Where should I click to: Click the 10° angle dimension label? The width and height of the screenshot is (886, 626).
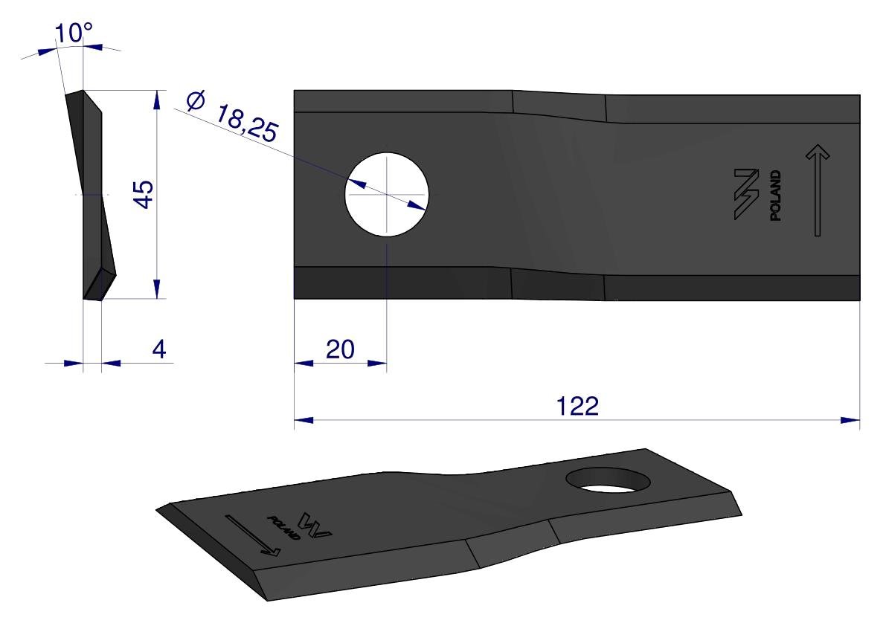[74, 33]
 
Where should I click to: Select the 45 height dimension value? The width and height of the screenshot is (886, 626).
[144, 194]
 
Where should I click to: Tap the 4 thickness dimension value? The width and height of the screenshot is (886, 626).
[159, 349]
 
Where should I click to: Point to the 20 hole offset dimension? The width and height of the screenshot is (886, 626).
[340, 349]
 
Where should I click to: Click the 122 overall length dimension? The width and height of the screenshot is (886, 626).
[577, 406]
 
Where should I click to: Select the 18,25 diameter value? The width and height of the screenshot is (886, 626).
[246, 123]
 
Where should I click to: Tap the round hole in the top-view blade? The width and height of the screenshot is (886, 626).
[387, 194]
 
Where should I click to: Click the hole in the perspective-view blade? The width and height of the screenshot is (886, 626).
[608, 480]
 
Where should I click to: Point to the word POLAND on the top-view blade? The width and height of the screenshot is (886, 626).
[775, 196]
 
